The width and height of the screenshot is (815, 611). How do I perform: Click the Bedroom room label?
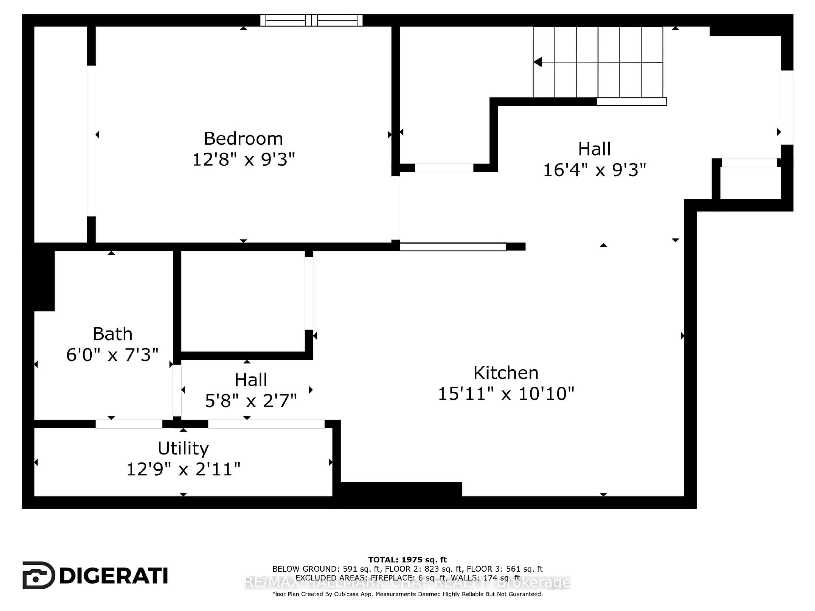(x=243, y=139)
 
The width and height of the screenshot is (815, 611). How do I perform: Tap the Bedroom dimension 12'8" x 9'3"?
(x=243, y=160)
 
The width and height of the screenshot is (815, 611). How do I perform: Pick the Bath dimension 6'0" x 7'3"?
(x=112, y=355)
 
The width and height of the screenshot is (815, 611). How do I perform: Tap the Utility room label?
(x=183, y=448)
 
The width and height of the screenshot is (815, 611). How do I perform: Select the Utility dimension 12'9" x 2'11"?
(x=183, y=469)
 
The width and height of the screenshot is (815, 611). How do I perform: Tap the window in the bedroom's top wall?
(x=311, y=20)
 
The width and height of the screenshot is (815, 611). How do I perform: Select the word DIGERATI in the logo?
(x=114, y=576)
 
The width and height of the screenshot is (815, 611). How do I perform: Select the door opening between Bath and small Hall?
(x=177, y=390)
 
